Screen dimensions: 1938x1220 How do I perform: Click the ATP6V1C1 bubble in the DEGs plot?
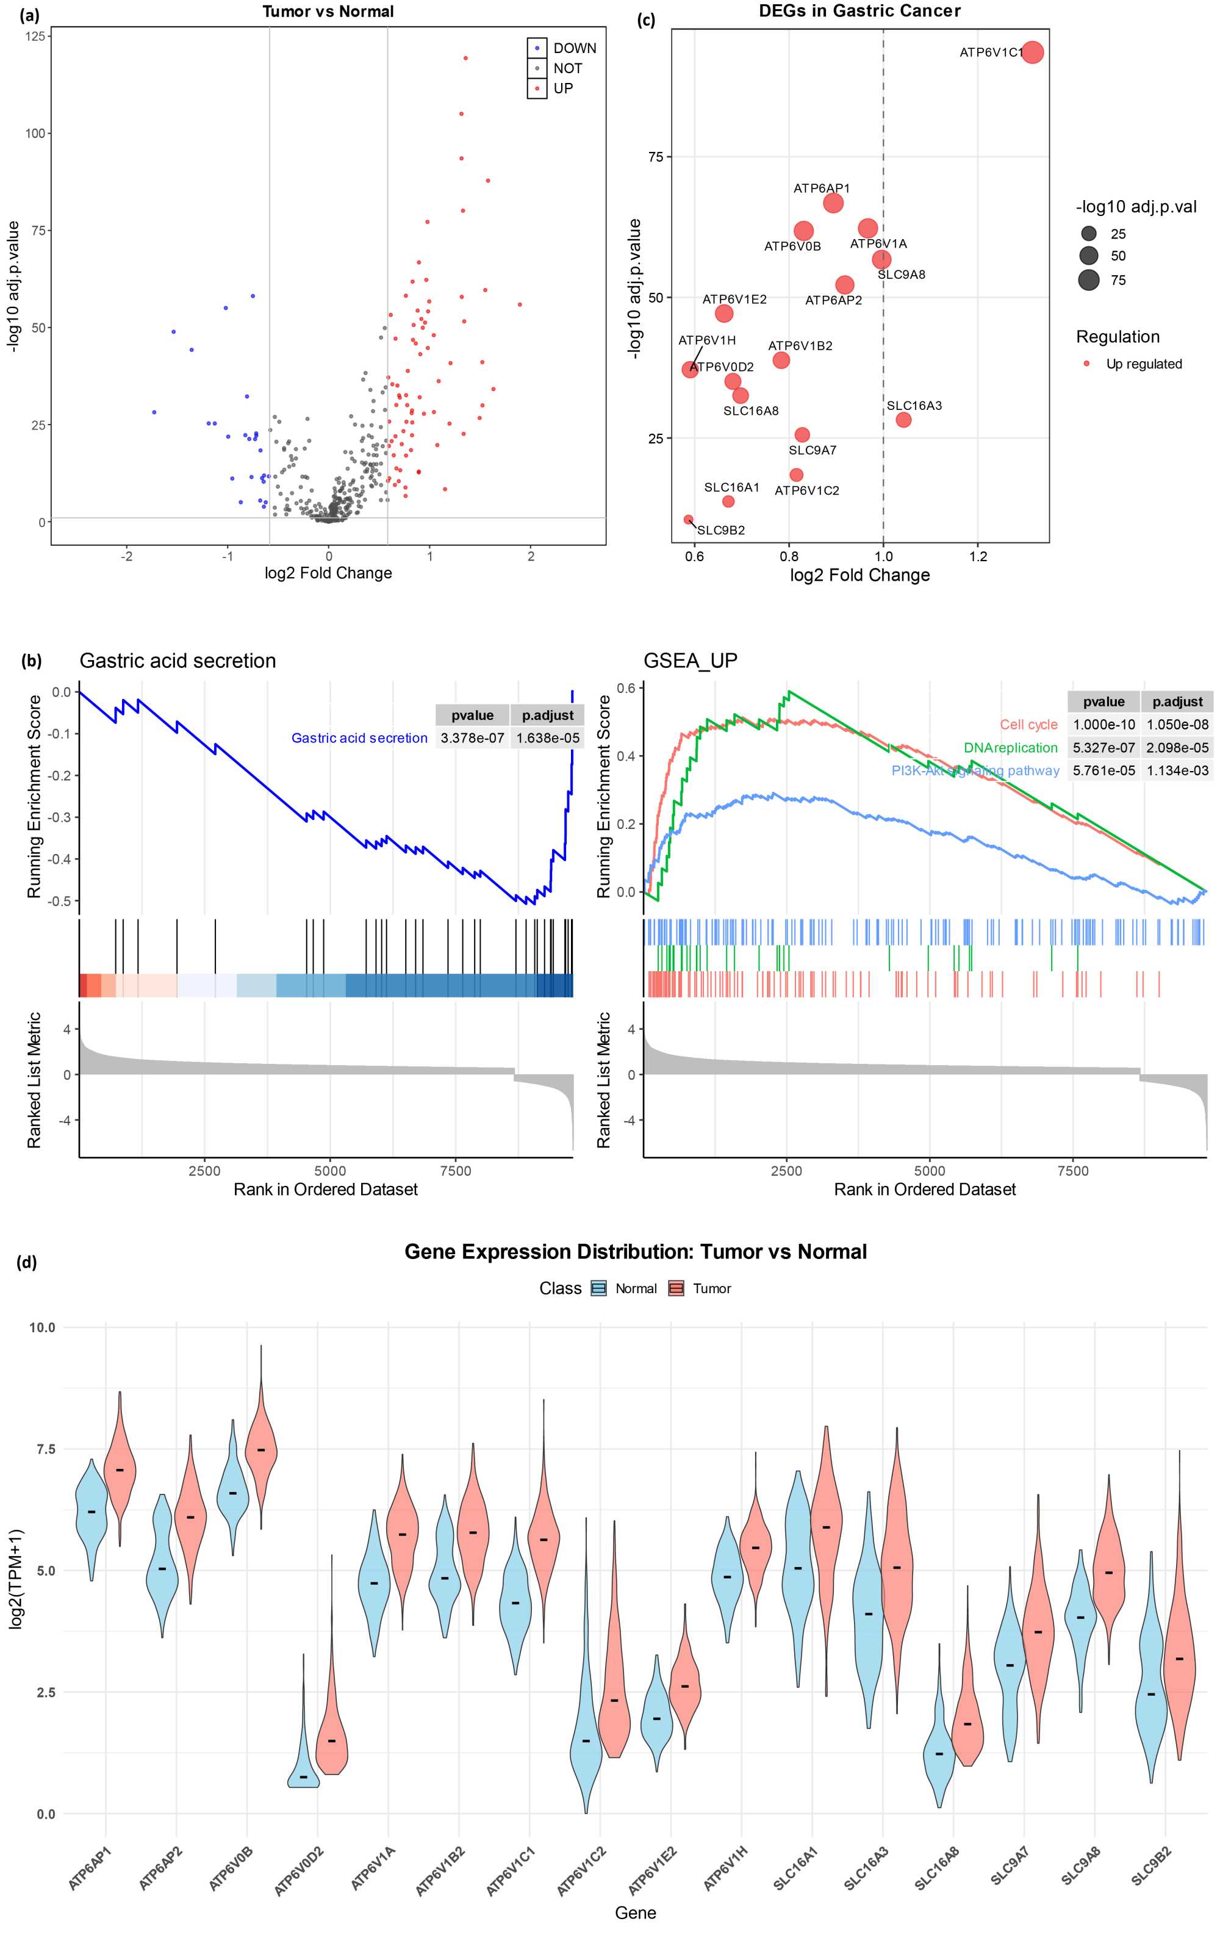tap(1032, 52)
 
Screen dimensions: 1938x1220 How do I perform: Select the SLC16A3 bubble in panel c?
tap(903, 419)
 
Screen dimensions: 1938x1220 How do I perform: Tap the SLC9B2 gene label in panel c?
tap(720, 530)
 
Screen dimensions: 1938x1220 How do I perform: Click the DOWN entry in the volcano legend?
tap(574, 48)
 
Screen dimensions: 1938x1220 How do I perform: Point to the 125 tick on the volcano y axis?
tap(35, 36)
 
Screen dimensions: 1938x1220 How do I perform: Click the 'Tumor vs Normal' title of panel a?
tap(328, 11)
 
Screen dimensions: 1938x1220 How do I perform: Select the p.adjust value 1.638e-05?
tap(547, 738)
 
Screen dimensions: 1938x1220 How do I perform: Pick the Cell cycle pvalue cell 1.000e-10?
tap(1103, 724)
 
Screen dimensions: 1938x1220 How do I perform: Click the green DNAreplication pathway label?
tap(1010, 748)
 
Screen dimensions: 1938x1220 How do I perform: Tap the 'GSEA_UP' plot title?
tap(690, 661)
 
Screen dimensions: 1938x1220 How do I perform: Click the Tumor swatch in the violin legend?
tap(676, 1288)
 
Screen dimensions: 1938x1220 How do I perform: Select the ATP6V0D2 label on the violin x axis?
tap(300, 1870)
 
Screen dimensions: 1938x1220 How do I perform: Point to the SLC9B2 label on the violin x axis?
tap(1152, 1864)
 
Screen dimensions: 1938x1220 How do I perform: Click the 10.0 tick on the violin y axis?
tap(42, 1327)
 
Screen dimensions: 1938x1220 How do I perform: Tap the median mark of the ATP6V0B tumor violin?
tap(260, 1449)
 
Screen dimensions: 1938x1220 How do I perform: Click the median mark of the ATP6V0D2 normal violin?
tap(303, 1776)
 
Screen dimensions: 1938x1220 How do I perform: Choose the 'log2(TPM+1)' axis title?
tap(16, 1579)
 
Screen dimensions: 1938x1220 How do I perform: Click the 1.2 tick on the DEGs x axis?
tap(977, 556)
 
